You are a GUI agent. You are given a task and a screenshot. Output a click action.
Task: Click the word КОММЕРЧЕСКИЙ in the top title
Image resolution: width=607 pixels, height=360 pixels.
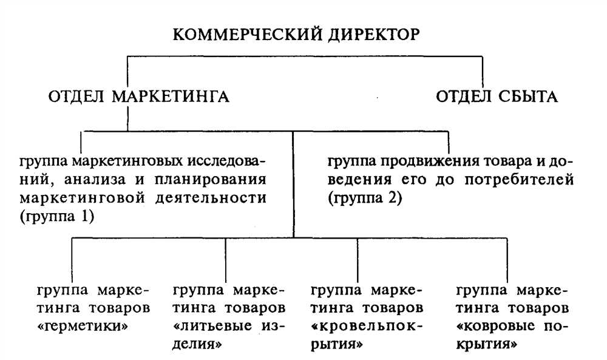pos(248,35)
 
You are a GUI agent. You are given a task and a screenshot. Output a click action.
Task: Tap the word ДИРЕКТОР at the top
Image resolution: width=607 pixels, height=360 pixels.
pos(373,35)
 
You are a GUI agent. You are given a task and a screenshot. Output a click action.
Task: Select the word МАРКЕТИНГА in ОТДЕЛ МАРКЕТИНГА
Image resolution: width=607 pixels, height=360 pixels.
pos(171,97)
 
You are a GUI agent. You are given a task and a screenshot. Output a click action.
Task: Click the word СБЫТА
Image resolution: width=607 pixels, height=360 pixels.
pos(527,97)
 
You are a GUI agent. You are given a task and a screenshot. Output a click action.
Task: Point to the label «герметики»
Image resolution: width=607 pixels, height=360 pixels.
pos(83,327)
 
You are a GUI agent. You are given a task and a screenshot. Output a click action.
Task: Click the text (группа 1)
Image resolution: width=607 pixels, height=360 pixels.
pos(57,216)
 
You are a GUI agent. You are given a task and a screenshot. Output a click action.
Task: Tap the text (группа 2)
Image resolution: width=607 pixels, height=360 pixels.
pos(365,199)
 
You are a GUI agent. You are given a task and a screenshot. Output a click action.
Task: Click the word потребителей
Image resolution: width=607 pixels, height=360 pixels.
pos(519,180)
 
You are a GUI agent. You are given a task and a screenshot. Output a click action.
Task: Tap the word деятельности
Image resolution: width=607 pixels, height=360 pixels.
pos(211,198)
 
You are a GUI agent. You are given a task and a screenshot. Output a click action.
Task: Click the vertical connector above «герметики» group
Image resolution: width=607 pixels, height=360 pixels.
pos(72,260)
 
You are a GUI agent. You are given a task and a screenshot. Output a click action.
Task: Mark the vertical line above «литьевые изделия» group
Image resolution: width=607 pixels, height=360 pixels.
pos(226,260)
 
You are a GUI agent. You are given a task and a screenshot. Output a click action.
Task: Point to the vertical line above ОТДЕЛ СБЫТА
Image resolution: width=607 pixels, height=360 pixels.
pos(483,72)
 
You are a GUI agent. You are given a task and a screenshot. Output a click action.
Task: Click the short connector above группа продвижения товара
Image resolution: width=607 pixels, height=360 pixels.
pos(449,143)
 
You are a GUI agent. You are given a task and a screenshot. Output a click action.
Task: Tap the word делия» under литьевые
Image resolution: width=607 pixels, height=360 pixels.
pos(197,344)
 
